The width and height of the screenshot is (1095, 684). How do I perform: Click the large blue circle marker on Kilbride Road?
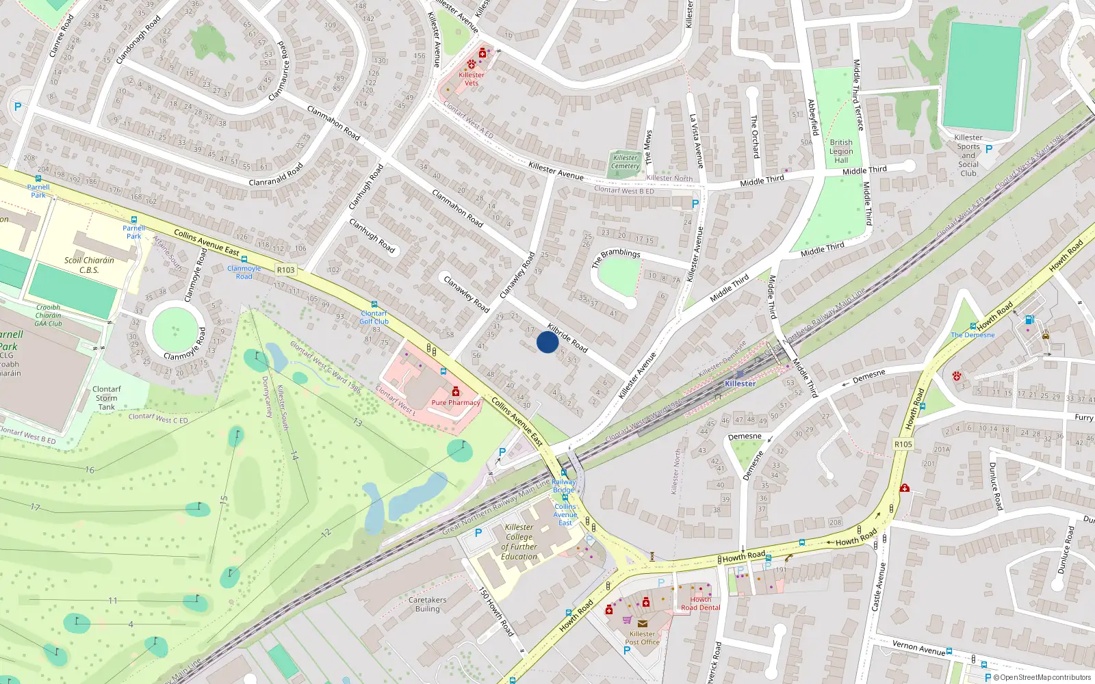tap(547, 342)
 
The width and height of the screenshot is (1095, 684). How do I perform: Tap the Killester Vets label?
tap(472, 79)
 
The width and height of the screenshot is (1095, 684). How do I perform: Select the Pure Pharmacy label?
tap(456, 402)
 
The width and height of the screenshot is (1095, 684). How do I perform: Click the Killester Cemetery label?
tap(626, 162)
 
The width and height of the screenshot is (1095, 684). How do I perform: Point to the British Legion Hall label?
tap(841, 151)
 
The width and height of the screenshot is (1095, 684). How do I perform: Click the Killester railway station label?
tap(740, 384)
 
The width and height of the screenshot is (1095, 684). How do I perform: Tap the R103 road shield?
tap(286, 270)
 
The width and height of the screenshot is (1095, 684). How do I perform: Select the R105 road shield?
tap(903, 445)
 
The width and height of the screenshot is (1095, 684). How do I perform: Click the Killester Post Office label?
tap(642, 637)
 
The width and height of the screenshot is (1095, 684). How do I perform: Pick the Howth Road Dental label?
tap(700, 603)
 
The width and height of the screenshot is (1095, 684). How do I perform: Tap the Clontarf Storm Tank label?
tap(106, 398)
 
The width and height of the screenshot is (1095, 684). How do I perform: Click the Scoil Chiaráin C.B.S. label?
tap(90, 265)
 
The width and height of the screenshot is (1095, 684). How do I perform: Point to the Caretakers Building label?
tap(427, 604)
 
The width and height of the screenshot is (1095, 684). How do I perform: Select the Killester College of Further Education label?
tap(519, 542)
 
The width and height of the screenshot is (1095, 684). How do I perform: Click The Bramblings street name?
tap(616, 258)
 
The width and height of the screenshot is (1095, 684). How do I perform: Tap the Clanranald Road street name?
tap(276, 175)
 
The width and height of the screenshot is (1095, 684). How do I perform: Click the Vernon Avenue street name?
tap(918, 648)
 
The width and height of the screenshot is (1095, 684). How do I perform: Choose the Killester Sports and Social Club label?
tap(968, 155)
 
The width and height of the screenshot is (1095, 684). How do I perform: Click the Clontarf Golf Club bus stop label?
tap(374, 317)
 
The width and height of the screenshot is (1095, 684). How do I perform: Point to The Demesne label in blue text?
tap(972, 335)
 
